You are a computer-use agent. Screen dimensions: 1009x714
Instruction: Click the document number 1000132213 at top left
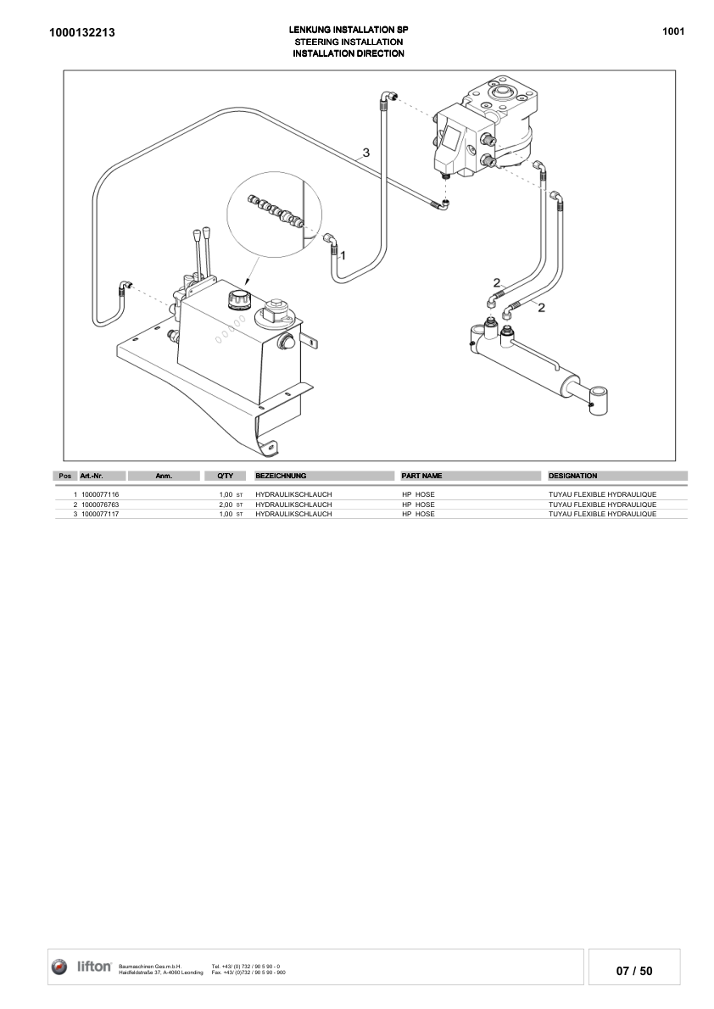point(82,32)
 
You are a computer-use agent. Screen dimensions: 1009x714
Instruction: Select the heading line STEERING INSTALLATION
point(348,42)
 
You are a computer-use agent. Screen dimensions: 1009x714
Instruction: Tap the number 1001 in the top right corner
point(672,31)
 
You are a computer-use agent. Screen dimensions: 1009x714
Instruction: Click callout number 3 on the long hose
point(365,153)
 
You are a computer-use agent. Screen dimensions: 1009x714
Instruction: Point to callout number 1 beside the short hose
point(343,254)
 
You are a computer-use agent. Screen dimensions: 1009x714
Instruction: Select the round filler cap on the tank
point(237,299)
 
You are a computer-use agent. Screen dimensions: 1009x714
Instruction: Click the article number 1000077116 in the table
point(100,494)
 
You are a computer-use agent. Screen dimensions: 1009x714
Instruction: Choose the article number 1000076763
point(100,504)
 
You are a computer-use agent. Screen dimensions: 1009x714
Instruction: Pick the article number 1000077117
point(100,514)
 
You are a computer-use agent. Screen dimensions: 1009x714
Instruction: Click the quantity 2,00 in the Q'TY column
point(226,504)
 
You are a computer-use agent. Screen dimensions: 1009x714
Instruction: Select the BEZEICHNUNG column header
point(281,476)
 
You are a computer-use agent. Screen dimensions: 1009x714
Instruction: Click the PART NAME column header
point(421,476)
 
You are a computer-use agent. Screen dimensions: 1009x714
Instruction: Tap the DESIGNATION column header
point(573,476)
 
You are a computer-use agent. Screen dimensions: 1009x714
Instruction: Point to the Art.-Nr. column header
point(92,476)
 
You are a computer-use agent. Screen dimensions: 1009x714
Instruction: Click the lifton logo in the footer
point(82,967)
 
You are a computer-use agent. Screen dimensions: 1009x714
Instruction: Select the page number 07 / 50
point(634,971)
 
